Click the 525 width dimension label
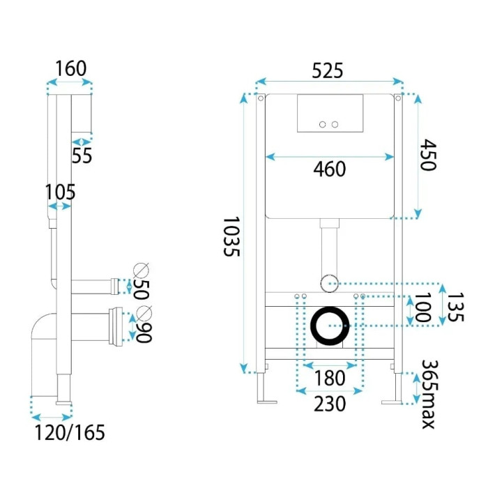pyautogui.click(x=328, y=70)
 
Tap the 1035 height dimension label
pyautogui.click(x=232, y=236)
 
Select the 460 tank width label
pyautogui.click(x=330, y=169)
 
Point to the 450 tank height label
pyautogui.click(x=428, y=155)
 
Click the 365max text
pyautogui.click(x=430, y=395)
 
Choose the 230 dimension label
pyautogui.click(x=330, y=404)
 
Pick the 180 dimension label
pyautogui.click(x=330, y=378)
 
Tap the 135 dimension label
pyautogui.click(x=455, y=307)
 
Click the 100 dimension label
pyautogui.click(x=422, y=307)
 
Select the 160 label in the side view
pyautogui.click(x=70, y=69)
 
